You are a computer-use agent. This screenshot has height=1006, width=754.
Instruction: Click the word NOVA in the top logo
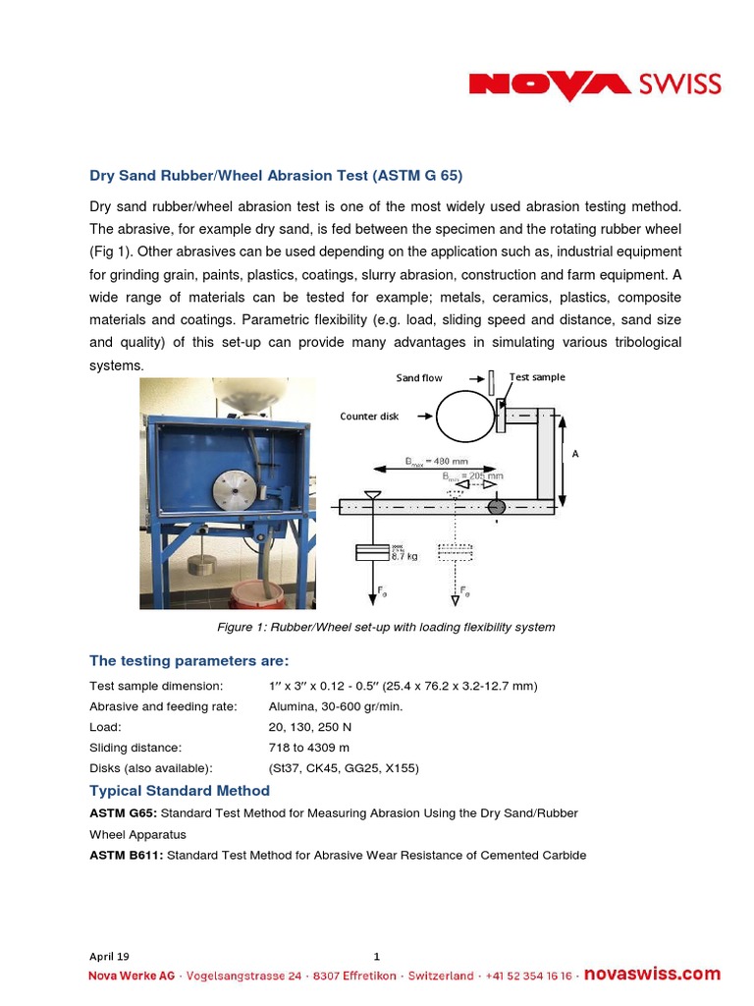(550, 85)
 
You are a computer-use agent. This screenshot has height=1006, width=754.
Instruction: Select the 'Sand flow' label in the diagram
(419, 378)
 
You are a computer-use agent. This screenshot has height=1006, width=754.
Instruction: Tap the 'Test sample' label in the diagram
(537, 377)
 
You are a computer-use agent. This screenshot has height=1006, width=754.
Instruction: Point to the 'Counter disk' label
(369, 417)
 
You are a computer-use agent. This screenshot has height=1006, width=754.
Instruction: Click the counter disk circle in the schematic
(465, 417)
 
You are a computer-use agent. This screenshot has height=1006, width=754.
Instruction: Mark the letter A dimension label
(575, 454)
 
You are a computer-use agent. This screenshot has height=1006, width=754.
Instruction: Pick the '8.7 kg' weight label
(405, 555)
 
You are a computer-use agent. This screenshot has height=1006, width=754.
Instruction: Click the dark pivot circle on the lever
(496, 506)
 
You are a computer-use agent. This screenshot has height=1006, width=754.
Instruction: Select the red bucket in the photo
(256, 593)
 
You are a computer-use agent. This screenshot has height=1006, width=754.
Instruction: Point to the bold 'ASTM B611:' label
(126, 855)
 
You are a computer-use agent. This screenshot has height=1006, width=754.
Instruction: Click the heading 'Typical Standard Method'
(179, 791)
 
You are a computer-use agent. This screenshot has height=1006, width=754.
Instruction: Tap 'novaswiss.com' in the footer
(652, 975)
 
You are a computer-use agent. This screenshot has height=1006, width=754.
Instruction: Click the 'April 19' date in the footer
(109, 956)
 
